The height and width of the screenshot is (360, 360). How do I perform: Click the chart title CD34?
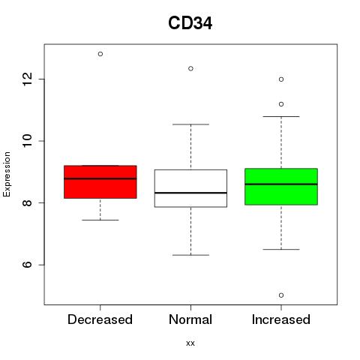click(x=190, y=23)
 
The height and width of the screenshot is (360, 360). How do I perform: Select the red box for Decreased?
click(x=100, y=182)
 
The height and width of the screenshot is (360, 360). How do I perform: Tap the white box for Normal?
click(x=190, y=188)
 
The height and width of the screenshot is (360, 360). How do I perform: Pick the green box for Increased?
click(x=281, y=187)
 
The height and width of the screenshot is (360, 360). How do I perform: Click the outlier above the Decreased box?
click(x=100, y=54)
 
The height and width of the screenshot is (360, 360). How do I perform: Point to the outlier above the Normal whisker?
click(x=190, y=68)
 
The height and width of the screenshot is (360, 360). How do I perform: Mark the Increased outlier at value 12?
click(x=281, y=79)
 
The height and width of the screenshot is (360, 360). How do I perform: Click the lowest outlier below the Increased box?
click(x=281, y=295)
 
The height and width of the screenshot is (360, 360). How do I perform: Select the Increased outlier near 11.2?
click(x=281, y=104)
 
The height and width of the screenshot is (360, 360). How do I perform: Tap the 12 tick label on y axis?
click(x=28, y=79)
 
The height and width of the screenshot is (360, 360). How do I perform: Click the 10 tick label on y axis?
click(x=28, y=141)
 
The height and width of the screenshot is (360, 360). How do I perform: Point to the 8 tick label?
click(x=28, y=202)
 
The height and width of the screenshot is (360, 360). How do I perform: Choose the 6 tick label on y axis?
click(x=28, y=265)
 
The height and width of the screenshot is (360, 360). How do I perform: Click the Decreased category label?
click(x=100, y=319)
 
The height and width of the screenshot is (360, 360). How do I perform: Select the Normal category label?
click(x=190, y=319)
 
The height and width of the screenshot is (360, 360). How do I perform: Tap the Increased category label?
click(x=281, y=319)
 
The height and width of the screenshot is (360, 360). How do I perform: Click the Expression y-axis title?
click(x=7, y=174)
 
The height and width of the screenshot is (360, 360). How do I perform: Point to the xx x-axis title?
click(x=190, y=343)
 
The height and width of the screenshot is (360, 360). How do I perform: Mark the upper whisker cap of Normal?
click(x=190, y=124)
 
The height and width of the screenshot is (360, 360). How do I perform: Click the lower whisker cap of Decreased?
click(x=100, y=220)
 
